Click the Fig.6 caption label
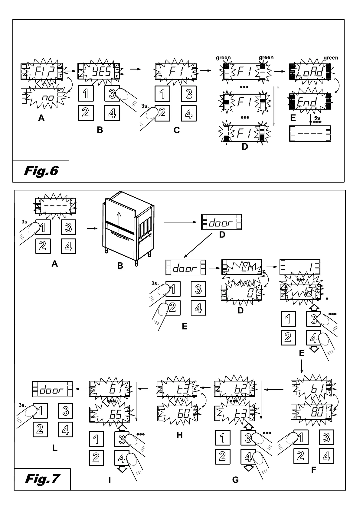click(x=41, y=171)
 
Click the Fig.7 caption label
click(x=42, y=479)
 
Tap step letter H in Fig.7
click(x=179, y=435)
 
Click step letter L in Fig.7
click(x=54, y=448)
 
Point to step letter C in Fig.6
click(x=176, y=130)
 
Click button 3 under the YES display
click(x=112, y=94)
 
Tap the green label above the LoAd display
click(x=331, y=58)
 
